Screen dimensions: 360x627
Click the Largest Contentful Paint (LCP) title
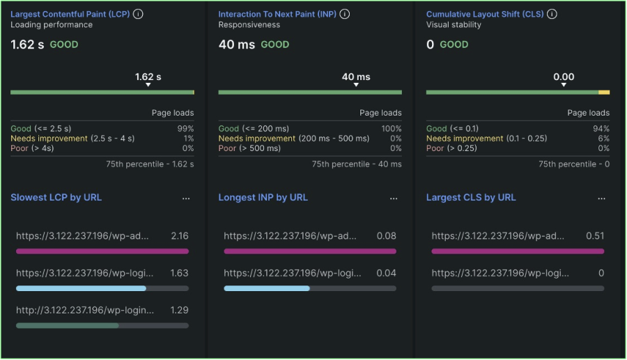coord(70,14)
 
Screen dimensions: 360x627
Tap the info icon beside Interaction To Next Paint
coord(345,14)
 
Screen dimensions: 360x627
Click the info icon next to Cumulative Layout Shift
coord(552,14)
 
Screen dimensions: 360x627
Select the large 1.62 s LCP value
coord(27,45)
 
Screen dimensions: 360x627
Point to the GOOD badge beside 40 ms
coord(275,45)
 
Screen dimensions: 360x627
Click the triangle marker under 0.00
coord(564,85)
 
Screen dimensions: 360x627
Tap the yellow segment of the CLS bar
coord(604,92)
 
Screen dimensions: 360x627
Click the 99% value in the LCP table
coord(186,129)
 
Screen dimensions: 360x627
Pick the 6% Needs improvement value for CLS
coord(603,139)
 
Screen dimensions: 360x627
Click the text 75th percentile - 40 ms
coord(357,164)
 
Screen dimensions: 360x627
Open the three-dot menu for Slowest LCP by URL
coord(186,198)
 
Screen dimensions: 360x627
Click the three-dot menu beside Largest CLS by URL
coord(601,198)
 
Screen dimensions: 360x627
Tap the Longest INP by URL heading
coord(263,198)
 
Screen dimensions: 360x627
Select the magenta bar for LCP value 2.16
coord(102,251)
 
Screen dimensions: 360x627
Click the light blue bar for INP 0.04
coord(267,288)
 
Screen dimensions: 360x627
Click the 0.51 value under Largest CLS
coord(595,236)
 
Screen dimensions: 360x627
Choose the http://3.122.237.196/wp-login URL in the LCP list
coord(85,310)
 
